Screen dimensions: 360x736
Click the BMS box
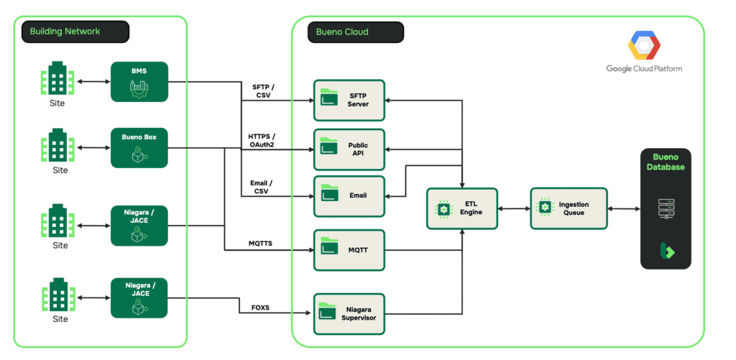pos(139,82)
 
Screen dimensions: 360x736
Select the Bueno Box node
pos(139,148)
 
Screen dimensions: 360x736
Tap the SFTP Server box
pos(349,100)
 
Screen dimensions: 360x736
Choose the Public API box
pos(349,149)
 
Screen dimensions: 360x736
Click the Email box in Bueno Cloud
pos(349,195)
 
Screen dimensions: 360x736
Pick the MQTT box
pos(349,250)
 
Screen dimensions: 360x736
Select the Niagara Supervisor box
pos(349,313)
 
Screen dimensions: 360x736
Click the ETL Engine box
pos(462,208)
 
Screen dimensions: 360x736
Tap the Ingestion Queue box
pos(569,208)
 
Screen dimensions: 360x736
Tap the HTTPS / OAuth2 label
pos(262,141)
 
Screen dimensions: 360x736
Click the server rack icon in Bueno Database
pos(666,208)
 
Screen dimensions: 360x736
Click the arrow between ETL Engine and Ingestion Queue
pos(514,208)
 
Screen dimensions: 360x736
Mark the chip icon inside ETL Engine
pos(443,208)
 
